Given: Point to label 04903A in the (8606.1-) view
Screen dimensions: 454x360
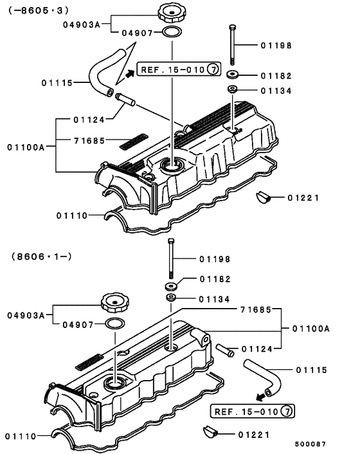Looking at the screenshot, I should click(x=26, y=315).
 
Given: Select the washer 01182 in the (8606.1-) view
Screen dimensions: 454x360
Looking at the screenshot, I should click(x=172, y=286).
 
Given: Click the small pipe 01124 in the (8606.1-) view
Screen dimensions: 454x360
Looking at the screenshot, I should click(x=225, y=350).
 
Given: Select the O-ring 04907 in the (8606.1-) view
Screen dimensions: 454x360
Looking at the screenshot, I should click(x=114, y=323).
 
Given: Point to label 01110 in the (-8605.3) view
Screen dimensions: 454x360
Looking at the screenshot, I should click(x=71, y=215).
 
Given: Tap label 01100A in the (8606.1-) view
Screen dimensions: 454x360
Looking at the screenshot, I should click(x=310, y=328).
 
